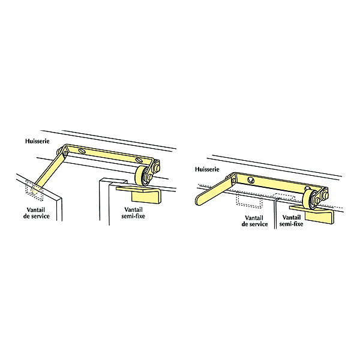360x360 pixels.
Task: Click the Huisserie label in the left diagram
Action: (37, 141)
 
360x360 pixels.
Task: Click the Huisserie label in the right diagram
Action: (207, 169)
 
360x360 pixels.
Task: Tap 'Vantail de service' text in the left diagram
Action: (36, 213)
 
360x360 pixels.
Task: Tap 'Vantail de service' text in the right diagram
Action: (254, 221)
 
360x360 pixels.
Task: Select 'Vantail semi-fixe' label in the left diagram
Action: (133, 213)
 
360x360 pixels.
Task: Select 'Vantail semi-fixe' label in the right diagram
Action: (291, 221)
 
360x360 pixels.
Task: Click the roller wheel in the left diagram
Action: (140, 176)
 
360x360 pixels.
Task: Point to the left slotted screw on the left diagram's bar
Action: (82, 151)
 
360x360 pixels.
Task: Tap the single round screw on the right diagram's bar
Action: (250, 180)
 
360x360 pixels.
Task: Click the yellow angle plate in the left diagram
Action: (139, 194)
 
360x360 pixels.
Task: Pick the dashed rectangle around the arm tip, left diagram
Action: (34, 190)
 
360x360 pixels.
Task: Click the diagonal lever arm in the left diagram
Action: (49, 172)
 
